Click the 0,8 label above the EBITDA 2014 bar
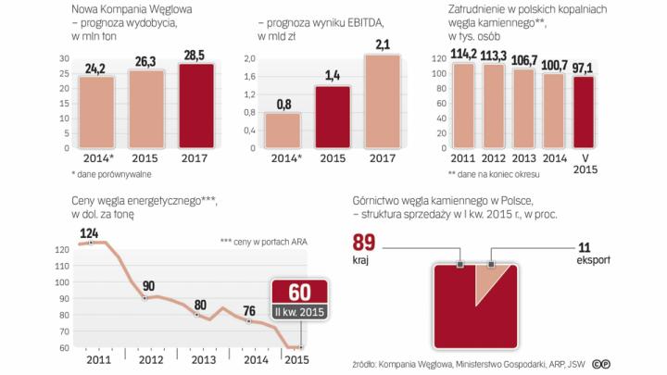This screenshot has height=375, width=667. click(283, 104)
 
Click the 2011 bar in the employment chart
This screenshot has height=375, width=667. click(460, 106)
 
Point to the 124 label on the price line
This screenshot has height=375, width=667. click(89, 231)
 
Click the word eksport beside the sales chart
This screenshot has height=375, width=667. click(592, 260)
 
